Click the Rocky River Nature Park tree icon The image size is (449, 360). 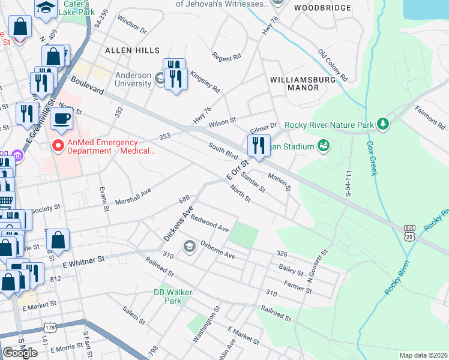(383, 125)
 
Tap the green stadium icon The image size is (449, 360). (324, 146)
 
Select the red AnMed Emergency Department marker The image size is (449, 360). (58, 145)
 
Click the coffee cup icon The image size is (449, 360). (61, 119)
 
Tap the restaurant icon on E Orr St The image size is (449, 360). (258, 145)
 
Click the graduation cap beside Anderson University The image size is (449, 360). (160, 78)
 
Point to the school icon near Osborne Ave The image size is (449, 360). (190, 246)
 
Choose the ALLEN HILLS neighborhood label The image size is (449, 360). (132, 51)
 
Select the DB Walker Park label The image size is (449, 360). (167, 296)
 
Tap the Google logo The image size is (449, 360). (20, 352)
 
